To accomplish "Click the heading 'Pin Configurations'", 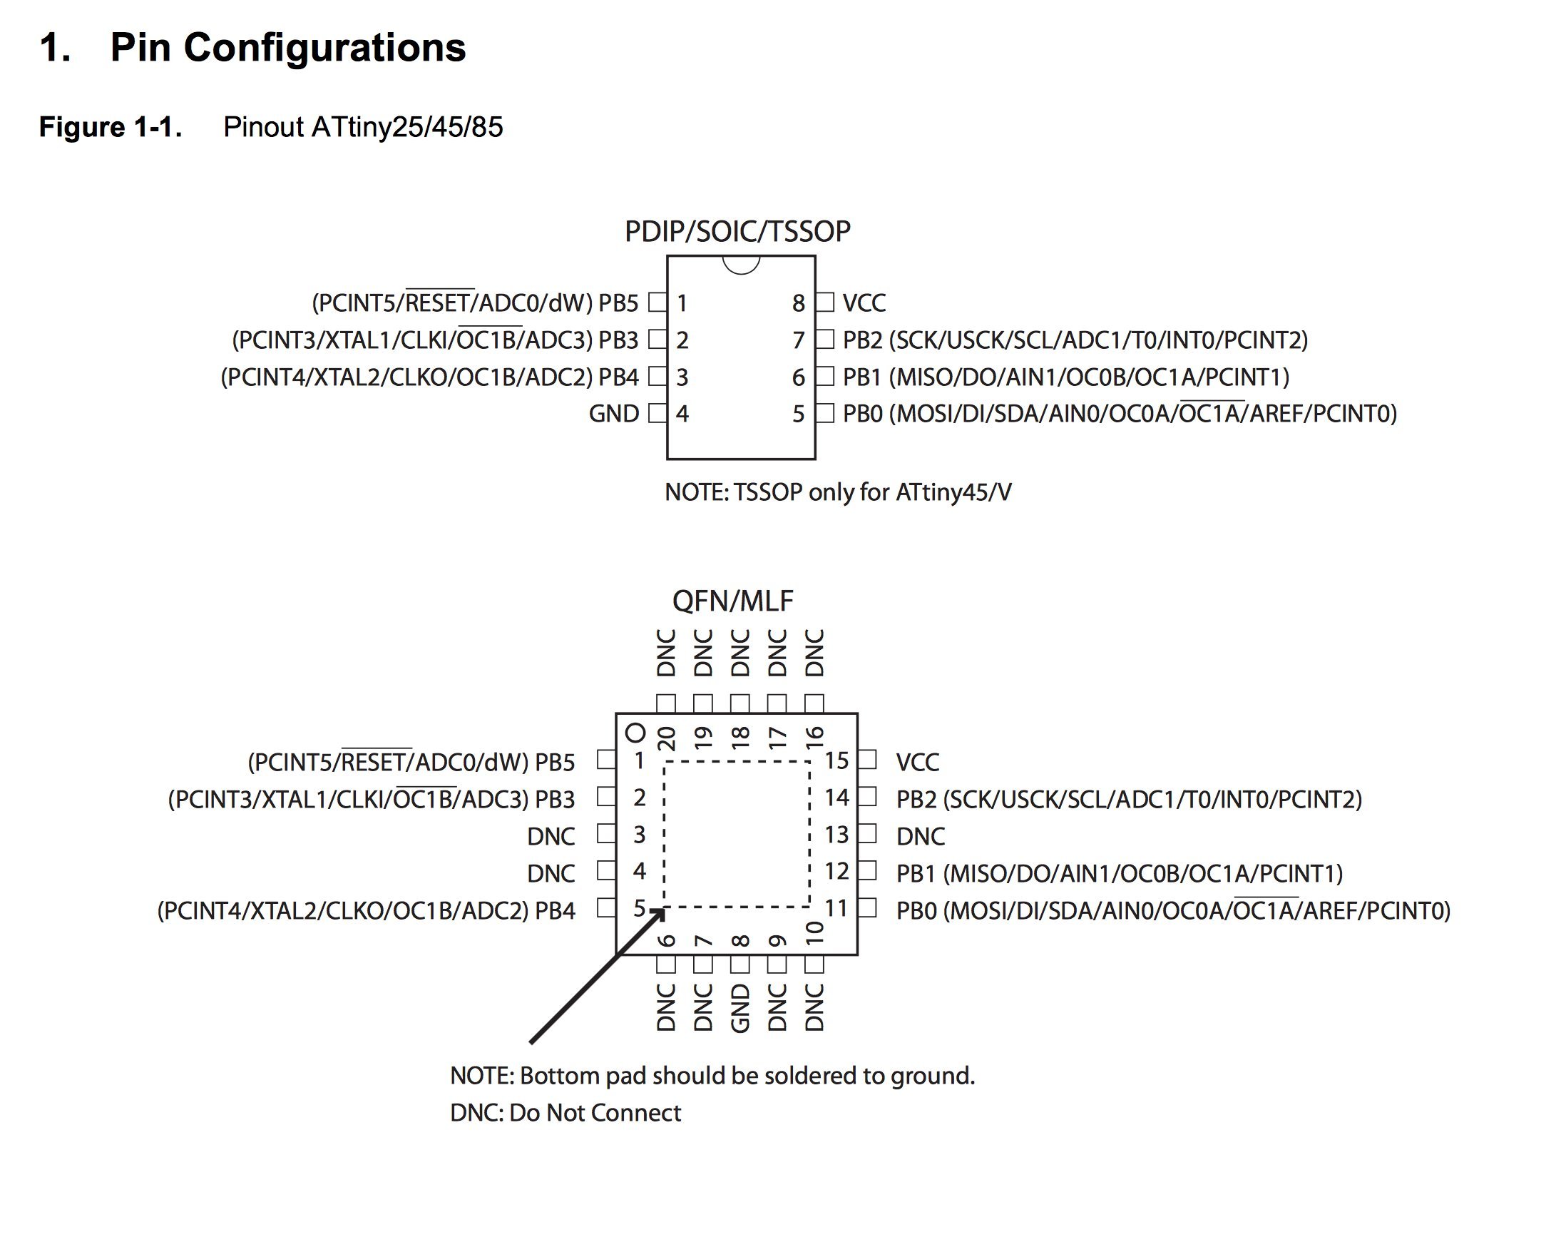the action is point(287,48).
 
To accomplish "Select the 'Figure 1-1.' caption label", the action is point(111,127).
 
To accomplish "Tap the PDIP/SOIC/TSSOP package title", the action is point(737,232).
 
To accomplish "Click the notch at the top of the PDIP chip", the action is point(741,266).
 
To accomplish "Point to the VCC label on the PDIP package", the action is point(864,303).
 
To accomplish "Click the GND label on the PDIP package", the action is point(614,414).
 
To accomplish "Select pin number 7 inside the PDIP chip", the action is point(799,340).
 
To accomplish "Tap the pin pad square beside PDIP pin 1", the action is point(657,302).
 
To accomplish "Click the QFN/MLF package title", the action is point(732,601).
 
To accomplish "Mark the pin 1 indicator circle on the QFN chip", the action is point(635,733).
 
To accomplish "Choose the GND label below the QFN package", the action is point(739,1008).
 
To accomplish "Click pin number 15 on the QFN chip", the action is point(836,761).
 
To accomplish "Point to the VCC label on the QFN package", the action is point(917,763).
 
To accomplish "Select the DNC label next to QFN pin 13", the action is point(921,836).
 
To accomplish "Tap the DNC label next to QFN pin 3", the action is point(551,836).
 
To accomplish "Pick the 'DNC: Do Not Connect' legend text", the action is point(565,1113).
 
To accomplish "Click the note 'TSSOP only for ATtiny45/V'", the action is point(838,492).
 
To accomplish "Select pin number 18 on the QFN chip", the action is point(740,738).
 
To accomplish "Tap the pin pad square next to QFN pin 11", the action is point(868,907).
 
